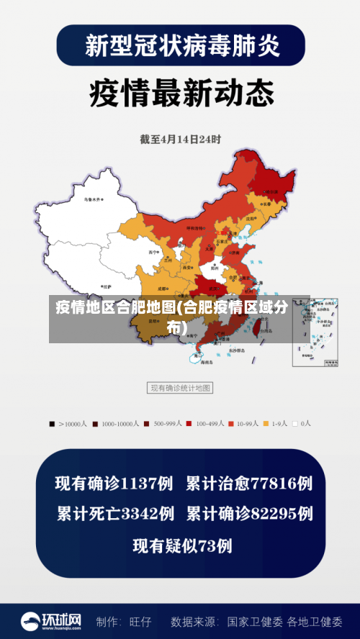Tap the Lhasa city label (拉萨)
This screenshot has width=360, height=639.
[107, 286]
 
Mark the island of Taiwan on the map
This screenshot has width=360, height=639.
[254, 327]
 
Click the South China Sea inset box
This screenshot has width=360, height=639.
[315, 331]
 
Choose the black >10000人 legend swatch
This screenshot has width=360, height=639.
[52, 424]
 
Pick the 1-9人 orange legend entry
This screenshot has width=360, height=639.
[275, 424]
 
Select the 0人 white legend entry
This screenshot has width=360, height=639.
[302, 424]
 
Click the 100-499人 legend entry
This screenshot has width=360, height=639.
[206, 424]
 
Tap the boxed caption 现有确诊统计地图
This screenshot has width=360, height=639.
[180, 388]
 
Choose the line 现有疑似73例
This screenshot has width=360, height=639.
[182, 546]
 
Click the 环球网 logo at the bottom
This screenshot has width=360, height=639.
[51, 620]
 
